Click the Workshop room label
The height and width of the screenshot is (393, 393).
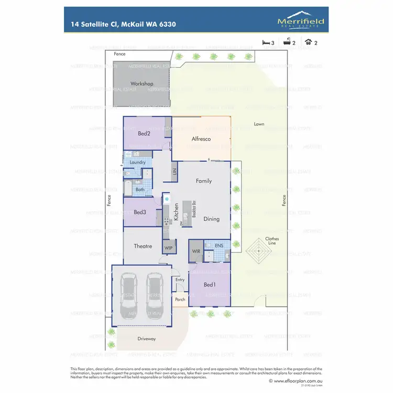(x=141, y=84)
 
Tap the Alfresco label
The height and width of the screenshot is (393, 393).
(x=201, y=139)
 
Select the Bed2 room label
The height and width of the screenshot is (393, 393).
(x=144, y=134)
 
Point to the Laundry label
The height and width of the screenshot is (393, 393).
(x=137, y=162)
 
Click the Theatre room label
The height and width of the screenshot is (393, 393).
(x=143, y=246)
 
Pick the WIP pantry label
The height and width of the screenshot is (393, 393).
(x=169, y=247)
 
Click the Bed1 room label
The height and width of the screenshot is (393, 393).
(x=210, y=285)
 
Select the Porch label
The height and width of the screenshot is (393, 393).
(x=180, y=300)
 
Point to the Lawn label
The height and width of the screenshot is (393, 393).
(x=259, y=124)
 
